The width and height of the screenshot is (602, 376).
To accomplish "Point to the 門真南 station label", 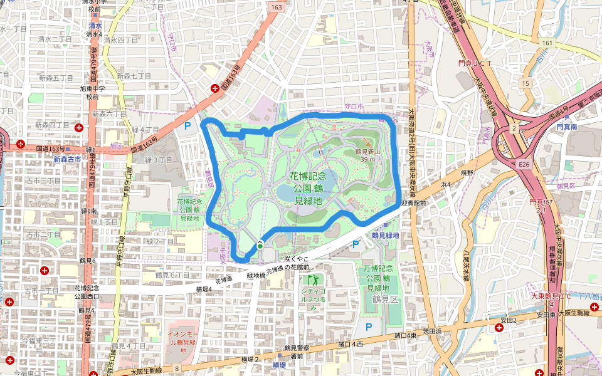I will [x=569, y=127].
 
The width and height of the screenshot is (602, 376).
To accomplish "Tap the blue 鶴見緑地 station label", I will [x=385, y=236].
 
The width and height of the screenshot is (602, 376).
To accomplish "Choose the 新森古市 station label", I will [x=66, y=159].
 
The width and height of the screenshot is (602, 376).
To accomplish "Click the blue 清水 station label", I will [x=95, y=26].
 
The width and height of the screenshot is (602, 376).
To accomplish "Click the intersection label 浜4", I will [x=446, y=185].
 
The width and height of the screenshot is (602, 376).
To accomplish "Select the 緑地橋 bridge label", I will [x=257, y=274].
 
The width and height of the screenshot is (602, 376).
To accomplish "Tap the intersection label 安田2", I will [x=508, y=320].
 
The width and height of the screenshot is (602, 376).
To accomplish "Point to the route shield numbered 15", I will [x=525, y=83].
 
